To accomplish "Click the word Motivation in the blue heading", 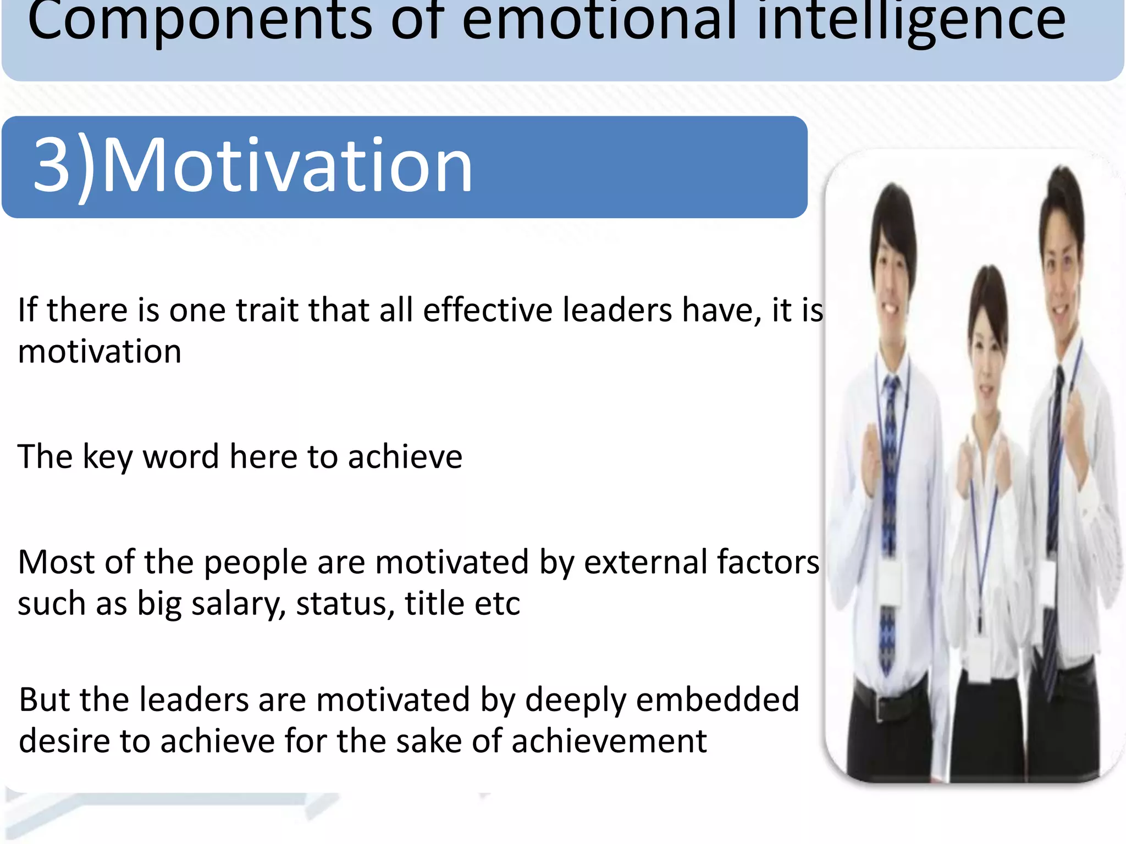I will coord(287,166).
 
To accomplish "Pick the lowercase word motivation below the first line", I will coord(100,352).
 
